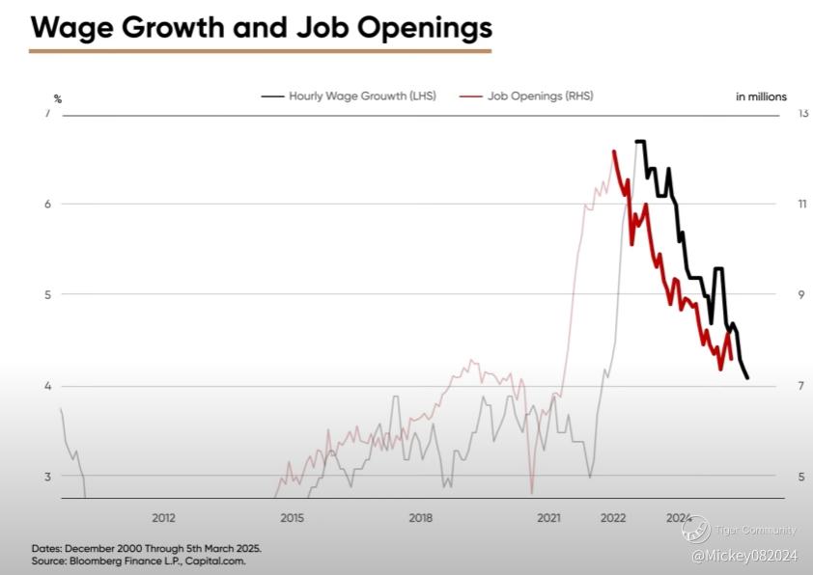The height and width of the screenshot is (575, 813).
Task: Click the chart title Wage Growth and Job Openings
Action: (261, 27)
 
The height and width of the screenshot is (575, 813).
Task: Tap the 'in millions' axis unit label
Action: (761, 96)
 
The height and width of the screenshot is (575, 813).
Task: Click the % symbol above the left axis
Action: (58, 98)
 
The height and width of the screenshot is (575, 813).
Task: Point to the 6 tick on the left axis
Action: (47, 204)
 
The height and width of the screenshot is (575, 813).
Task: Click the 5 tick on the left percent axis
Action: (47, 294)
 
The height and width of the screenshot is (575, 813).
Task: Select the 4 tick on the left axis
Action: (47, 386)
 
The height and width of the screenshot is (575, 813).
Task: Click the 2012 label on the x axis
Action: (163, 518)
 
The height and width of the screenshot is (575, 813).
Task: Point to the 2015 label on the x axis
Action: (292, 518)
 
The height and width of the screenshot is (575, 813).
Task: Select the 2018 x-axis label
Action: (420, 518)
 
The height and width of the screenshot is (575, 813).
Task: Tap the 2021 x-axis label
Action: (548, 518)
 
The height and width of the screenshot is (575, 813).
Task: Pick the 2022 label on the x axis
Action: (613, 518)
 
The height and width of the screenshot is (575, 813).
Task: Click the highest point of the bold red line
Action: (614, 151)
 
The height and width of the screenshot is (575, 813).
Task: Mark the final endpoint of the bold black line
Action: (747, 377)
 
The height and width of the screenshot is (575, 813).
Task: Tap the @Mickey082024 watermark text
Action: (743, 555)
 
